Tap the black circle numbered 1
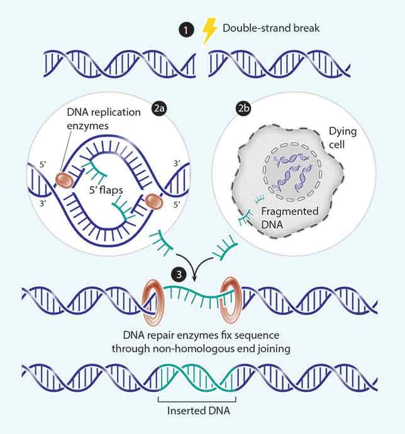click(x=185, y=29)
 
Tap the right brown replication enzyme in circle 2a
click(x=155, y=202)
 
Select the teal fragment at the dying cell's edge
click(x=248, y=209)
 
